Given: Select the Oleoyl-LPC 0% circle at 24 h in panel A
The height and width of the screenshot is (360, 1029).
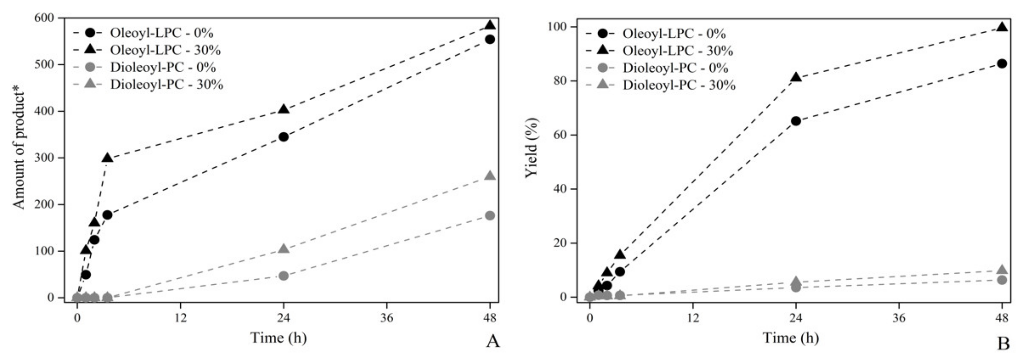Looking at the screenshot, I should (284, 137).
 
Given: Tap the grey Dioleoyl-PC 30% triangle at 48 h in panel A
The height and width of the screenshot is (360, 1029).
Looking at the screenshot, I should (490, 176).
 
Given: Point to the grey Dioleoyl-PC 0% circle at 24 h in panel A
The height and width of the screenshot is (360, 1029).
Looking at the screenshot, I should (284, 276).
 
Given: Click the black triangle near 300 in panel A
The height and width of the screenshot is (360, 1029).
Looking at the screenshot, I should (107, 158).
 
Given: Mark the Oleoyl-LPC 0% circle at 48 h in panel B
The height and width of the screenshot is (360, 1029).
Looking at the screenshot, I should (1002, 64).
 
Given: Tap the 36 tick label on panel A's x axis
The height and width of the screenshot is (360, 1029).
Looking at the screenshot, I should (387, 319).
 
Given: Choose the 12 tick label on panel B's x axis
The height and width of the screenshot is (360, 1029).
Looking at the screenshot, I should (693, 319).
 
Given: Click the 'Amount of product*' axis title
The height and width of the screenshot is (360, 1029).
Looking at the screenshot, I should (19, 150).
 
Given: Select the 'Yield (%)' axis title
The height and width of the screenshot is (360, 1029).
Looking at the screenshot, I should (532, 148).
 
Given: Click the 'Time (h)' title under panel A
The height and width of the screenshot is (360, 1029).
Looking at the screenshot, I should (278, 338).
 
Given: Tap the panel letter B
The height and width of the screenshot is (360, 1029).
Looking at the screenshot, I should (1003, 343).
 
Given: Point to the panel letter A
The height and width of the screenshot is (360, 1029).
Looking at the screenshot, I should (492, 342).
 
